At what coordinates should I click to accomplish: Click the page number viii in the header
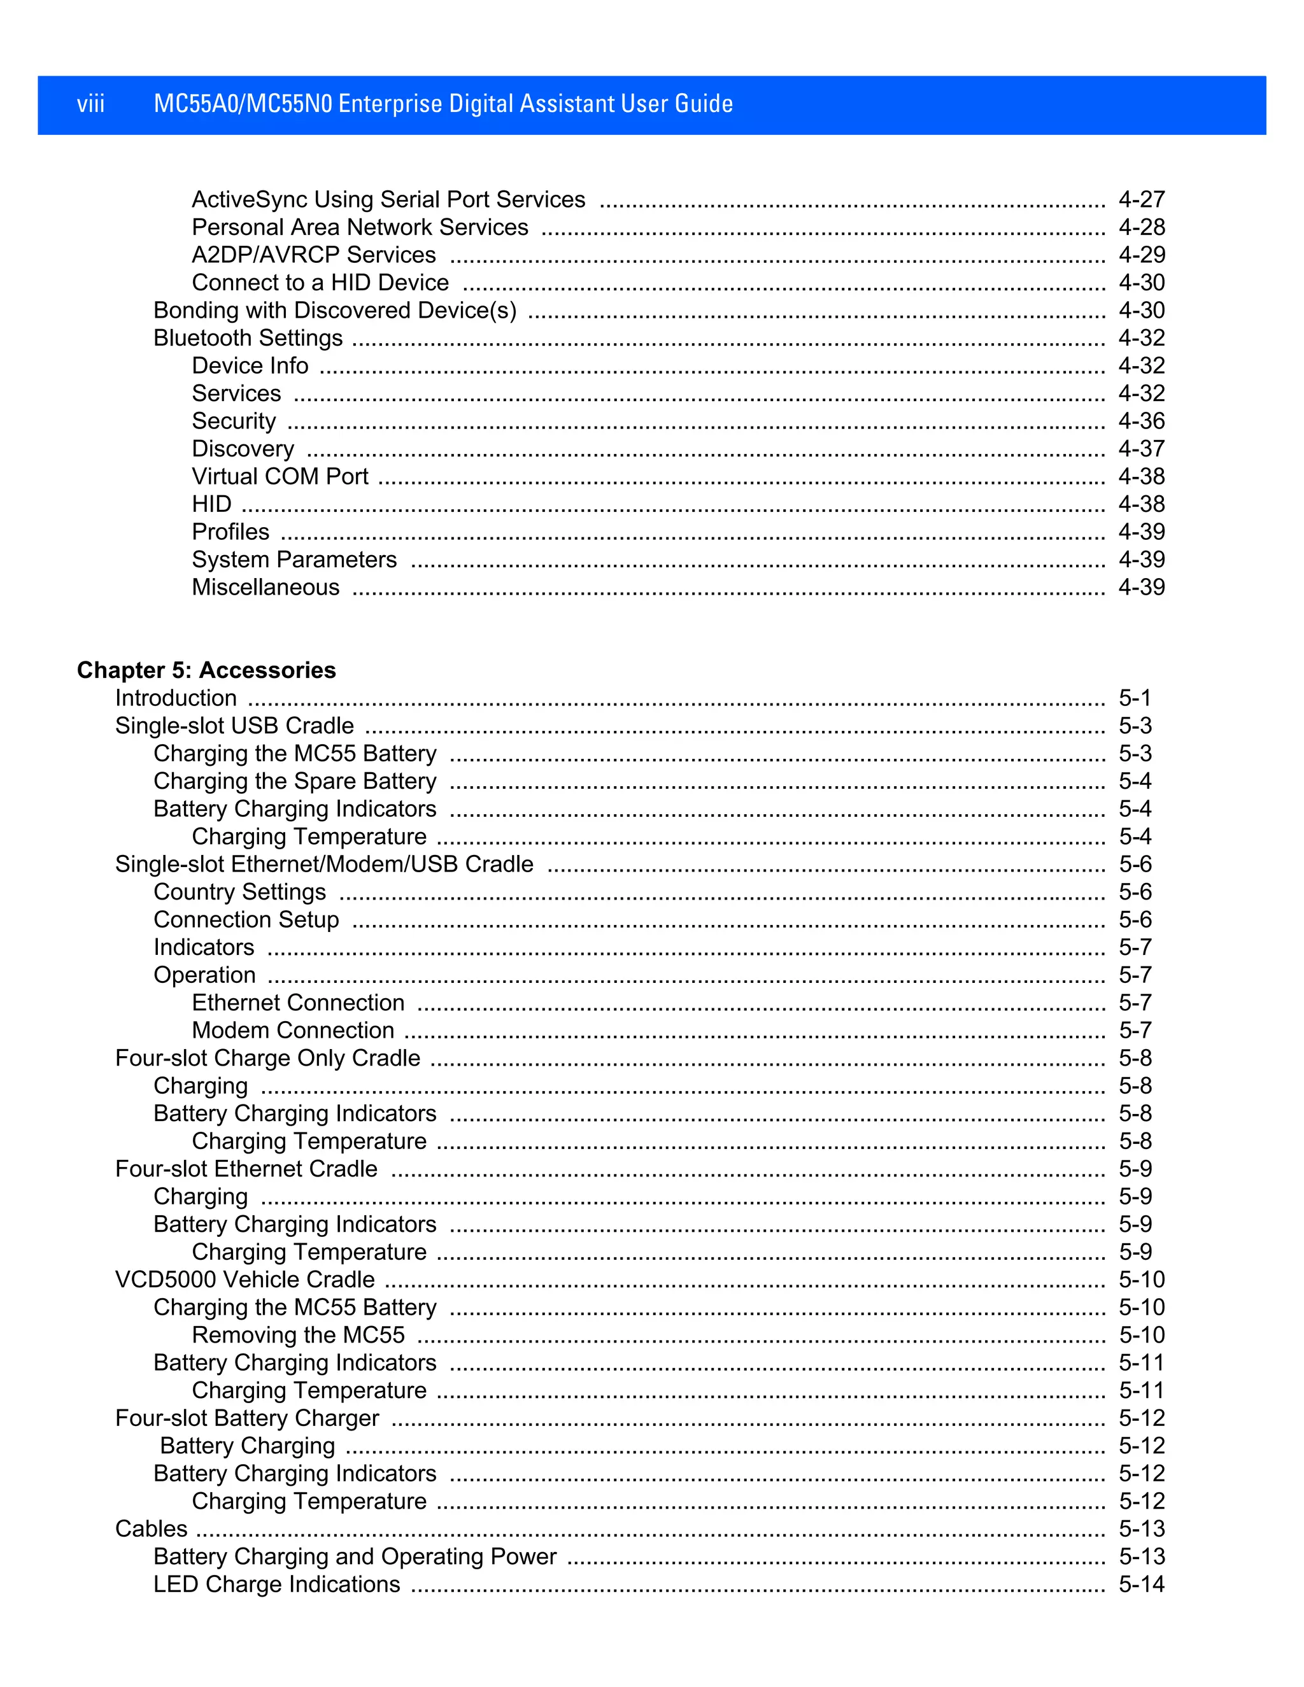pyautogui.click(x=90, y=104)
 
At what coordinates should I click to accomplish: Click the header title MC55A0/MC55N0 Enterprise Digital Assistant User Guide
pyautogui.click(x=443, y=104)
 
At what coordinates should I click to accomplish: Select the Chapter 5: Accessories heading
pyautogui.click(x=206, y=670)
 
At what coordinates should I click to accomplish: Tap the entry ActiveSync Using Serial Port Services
pyautogui.click(x=388, y=199)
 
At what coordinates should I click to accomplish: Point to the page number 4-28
pyautogui.click(x=1141, y=227)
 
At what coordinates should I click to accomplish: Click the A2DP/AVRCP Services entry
pyautogui.click(x=314, y=255)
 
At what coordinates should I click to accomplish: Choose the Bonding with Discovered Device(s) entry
pyautogui.click(x=334, y=311)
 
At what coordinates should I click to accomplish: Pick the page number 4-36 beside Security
pyautogui.click(x=1141, y=421)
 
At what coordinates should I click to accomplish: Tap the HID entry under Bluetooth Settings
pyautogui.click(x=211, y=504)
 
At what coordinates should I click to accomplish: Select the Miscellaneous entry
pyautogui.click(x=265, y=587)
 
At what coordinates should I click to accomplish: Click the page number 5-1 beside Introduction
pyautogui.click(x=1134, y=698)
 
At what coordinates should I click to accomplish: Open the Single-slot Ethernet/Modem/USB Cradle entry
pyautogui.click(x=323, y=865)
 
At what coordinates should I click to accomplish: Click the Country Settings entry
pyautogui.click(x=239, y=892)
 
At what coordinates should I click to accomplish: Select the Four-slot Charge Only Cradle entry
pyautogui.click(x=267, y=1058)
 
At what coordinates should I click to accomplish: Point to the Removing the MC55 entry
pyautogui.click(x=298, y=1335)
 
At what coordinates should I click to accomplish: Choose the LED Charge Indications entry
pyautogui.click(x=276, y=1585)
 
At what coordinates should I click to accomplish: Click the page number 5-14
pyautogui.click(x=1141, y=1585)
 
